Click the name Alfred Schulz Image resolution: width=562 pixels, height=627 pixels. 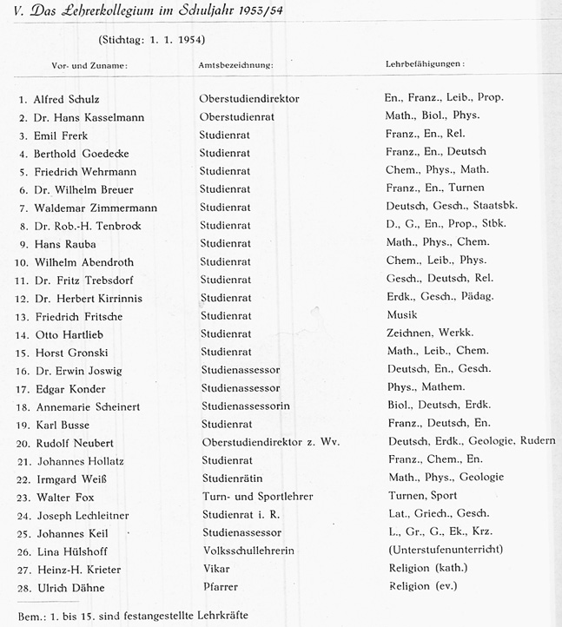point(67,99)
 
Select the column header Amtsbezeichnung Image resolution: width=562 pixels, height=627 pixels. point(236,65)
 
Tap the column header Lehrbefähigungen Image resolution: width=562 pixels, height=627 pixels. point(424,64)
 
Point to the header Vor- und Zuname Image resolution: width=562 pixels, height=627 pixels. point(88,65)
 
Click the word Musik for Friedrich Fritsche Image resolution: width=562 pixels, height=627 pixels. point(401,314)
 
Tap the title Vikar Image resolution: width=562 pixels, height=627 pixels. point(213,568)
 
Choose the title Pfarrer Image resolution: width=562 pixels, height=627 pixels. point(218,586)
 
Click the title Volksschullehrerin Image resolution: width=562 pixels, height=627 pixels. point(247,551)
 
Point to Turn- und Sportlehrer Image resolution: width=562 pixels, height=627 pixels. point(255,496)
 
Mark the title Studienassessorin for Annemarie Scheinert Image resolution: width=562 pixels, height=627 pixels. point(244,406)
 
